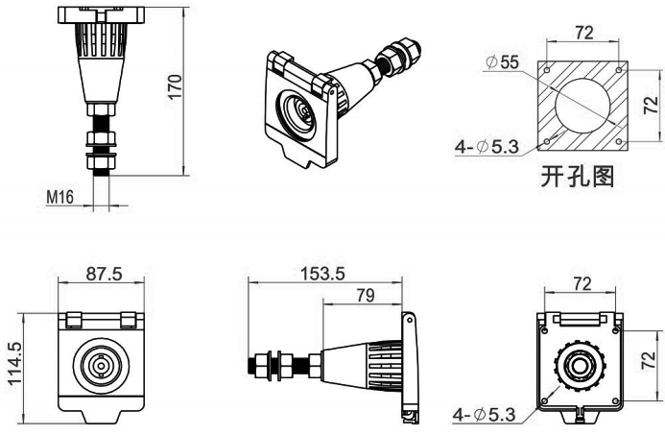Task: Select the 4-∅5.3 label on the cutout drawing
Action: [486, 147]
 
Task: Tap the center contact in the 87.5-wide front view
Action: [99, 367]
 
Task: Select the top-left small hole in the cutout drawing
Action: [546, 71]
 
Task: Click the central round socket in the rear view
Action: [579, 366]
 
